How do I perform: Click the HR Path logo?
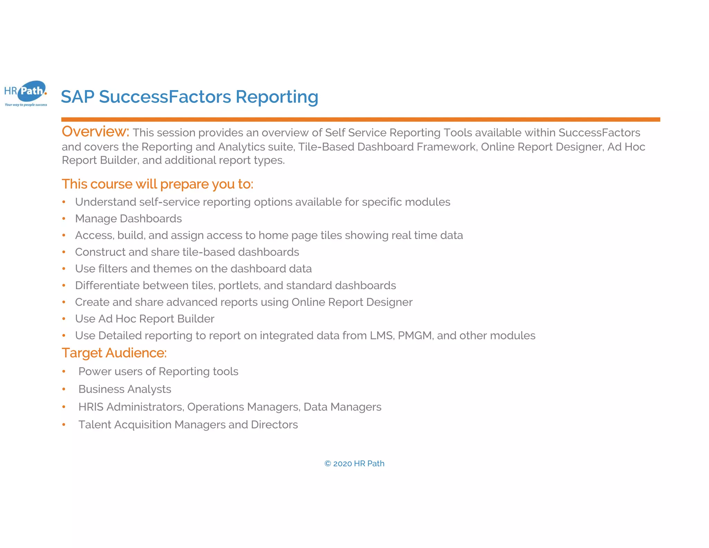click(26, 93)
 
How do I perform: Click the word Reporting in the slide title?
click(277, 97)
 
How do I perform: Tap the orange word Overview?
click(95, 132)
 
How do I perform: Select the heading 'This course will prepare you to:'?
click(158, 184)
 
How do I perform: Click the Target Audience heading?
click(114, 353)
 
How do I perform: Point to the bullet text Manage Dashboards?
click(128, 219)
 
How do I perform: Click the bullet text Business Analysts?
click(125, 389)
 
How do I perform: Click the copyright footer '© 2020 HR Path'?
click(354, 463)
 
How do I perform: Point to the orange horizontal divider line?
click(360, 120)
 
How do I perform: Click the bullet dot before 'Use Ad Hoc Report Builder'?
click(64, 319)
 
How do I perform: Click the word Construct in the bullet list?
click(100, 252)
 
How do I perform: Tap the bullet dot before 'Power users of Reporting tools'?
click(64, 371)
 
